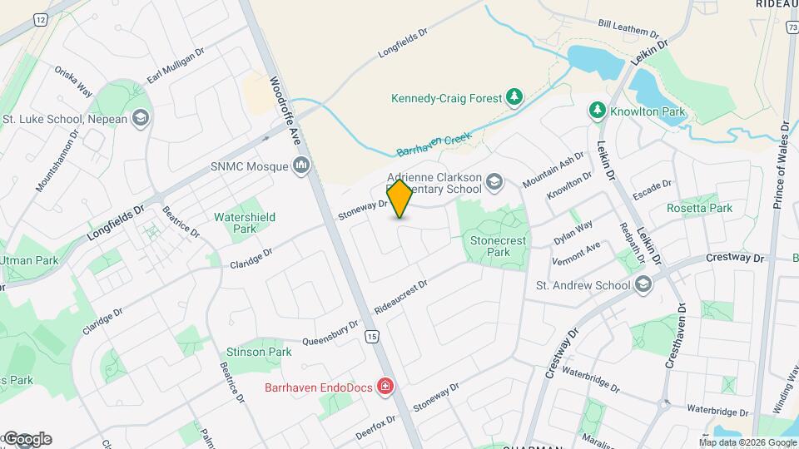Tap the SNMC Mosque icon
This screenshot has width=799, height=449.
pos(301,166)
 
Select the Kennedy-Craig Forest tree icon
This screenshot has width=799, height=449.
pos(515,98)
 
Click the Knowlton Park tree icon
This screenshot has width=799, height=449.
pos(597,111)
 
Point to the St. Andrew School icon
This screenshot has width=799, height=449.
pos(643,285)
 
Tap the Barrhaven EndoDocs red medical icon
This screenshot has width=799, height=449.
pos(385,387)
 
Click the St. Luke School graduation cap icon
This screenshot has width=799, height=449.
pos(140,118)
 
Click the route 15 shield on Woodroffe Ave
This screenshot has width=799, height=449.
pos(371,336)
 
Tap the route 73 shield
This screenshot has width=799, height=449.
pos(792,27)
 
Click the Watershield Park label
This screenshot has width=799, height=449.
pos(245,222)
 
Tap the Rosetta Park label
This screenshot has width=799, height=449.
pos(700,208)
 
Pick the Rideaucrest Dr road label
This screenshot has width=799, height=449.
pos(400,295)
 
